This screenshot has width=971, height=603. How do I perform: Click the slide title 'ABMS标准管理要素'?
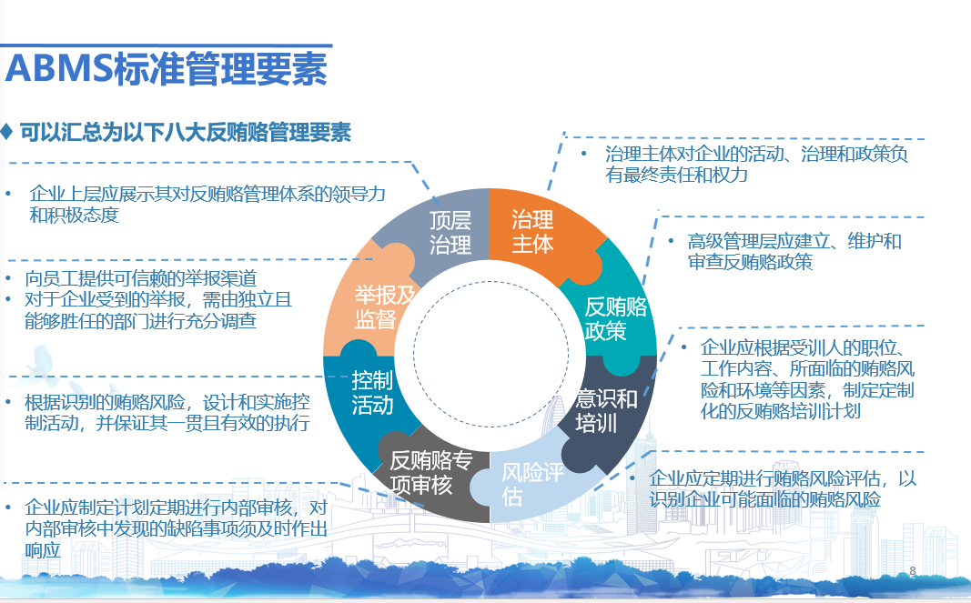pos(166,69)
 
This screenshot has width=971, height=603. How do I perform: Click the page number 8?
pos(912,570)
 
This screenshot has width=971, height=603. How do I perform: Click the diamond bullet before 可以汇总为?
pos(6,131)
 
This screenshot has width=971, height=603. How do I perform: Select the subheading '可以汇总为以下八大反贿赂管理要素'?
pos(185,132)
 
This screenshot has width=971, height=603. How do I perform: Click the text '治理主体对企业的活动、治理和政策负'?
pos(757,154)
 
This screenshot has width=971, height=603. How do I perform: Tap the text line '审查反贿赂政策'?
pos(750,262)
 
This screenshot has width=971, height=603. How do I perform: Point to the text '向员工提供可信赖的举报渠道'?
pos(140,278)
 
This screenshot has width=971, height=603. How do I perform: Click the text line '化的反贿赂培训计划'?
pos(780,411)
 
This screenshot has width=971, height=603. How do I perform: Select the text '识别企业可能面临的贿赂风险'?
pos(764,499)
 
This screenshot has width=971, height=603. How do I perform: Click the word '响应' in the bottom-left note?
pos(43,549)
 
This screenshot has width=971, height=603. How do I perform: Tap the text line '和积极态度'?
pos(75,215)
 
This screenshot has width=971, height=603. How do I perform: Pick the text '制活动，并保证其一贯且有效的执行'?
pos(167,423)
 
